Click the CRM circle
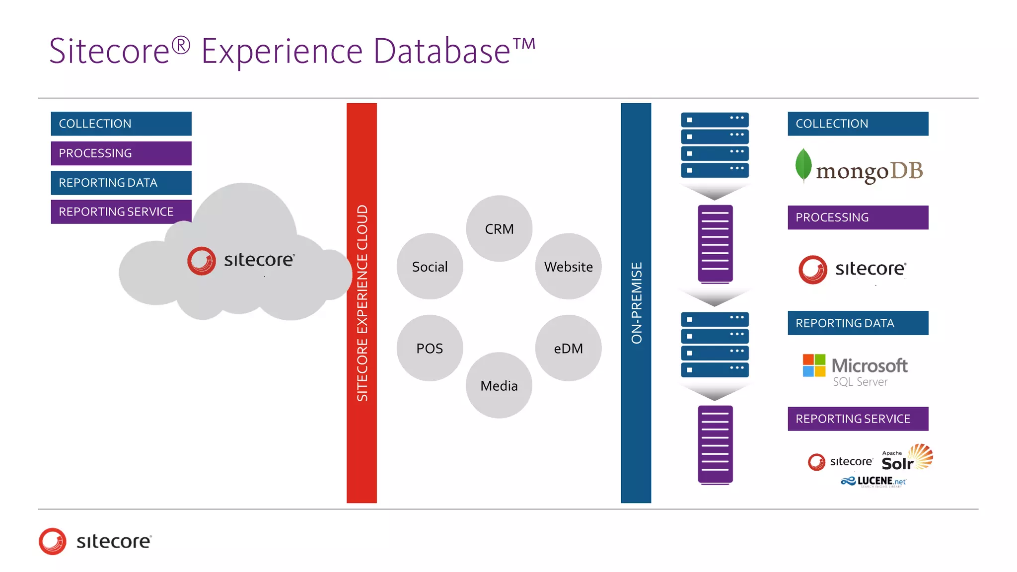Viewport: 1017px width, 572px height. [x=499, y=228]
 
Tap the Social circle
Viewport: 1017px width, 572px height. [x=430, y=267]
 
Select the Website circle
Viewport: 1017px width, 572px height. [x=568, y=267]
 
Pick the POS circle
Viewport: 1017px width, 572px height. [x=430, y=348]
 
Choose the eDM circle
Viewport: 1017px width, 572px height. [x=568, y=348]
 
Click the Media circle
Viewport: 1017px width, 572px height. [x=499, y=385]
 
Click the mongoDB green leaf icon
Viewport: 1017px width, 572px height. [x=803, y=165]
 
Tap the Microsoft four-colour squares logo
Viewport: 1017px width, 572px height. [x=814, y=365]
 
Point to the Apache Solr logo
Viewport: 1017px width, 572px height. [x=907, y=458]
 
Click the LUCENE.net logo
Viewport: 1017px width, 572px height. [x=874, y=481]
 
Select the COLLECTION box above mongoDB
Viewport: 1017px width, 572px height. [x=858, y=124]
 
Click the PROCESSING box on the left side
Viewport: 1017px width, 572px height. [x=121, y=153]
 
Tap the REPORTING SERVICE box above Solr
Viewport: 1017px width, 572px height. [x=858, y=419]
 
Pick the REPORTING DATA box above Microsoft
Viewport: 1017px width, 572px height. [x=858, y=323]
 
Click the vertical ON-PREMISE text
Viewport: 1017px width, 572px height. [x=636, y=303]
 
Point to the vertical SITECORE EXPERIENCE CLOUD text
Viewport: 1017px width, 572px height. [x=362, y=303]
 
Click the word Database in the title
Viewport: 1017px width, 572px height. [x=442, y=51]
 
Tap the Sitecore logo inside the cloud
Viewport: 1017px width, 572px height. [x=241, y=260]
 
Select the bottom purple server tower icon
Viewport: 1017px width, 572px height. [x=715, y=444]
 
